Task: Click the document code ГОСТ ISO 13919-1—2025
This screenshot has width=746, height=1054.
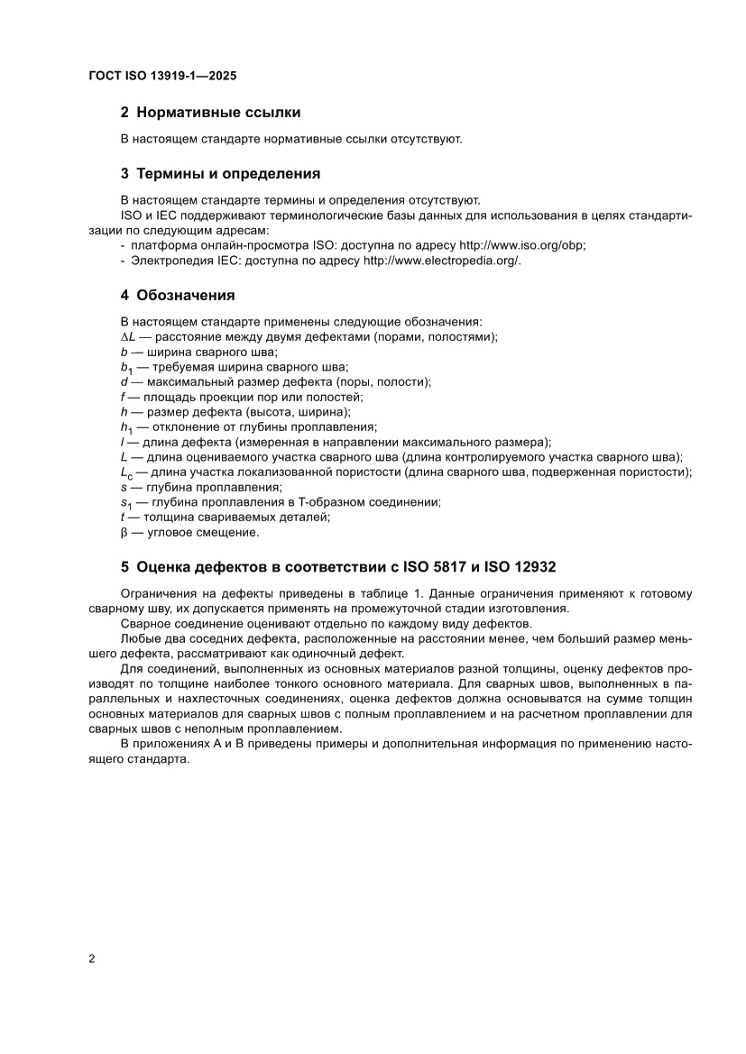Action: pyautogui.click(x=162, y=78)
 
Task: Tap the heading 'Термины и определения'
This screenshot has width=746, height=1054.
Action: pyautogui.click(x=227, y=173)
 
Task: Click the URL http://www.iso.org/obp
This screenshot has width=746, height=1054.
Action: pyautogui.click(x=522, y=245)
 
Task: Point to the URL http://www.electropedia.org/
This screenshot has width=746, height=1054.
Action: pyautogui.click(x=441, y=260)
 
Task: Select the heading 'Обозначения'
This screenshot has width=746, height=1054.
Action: pyautogui.click(x=185, y=294)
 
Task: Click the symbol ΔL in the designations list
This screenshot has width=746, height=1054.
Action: pyautogui.click(x=127, y=336)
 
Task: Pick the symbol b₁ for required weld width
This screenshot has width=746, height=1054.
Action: pyautogui.click(x=125, y=366)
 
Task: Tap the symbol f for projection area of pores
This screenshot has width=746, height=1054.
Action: pyautogui.click(x=123, y=397)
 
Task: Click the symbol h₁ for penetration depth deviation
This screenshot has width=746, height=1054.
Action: pyautogui.click(x=125, y=426)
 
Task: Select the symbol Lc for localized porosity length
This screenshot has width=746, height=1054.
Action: pyautogui.click(x=127, y=472)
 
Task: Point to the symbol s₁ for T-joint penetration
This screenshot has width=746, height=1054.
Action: pyautogui.click(x=125, y=502)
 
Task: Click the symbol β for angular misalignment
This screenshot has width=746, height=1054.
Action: pyautogui.click(x=124, y=532)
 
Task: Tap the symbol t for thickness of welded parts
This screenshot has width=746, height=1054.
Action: pyautogui.click(x=122, y=517)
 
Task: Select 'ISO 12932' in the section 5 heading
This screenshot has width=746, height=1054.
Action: pyautogui.click(x=520, y=567)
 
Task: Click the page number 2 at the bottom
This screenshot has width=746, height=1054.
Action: pyautogui.click(x=92, y=958)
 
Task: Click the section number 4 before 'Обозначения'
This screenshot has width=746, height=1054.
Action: pyautogui.click(x=125, y=294)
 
